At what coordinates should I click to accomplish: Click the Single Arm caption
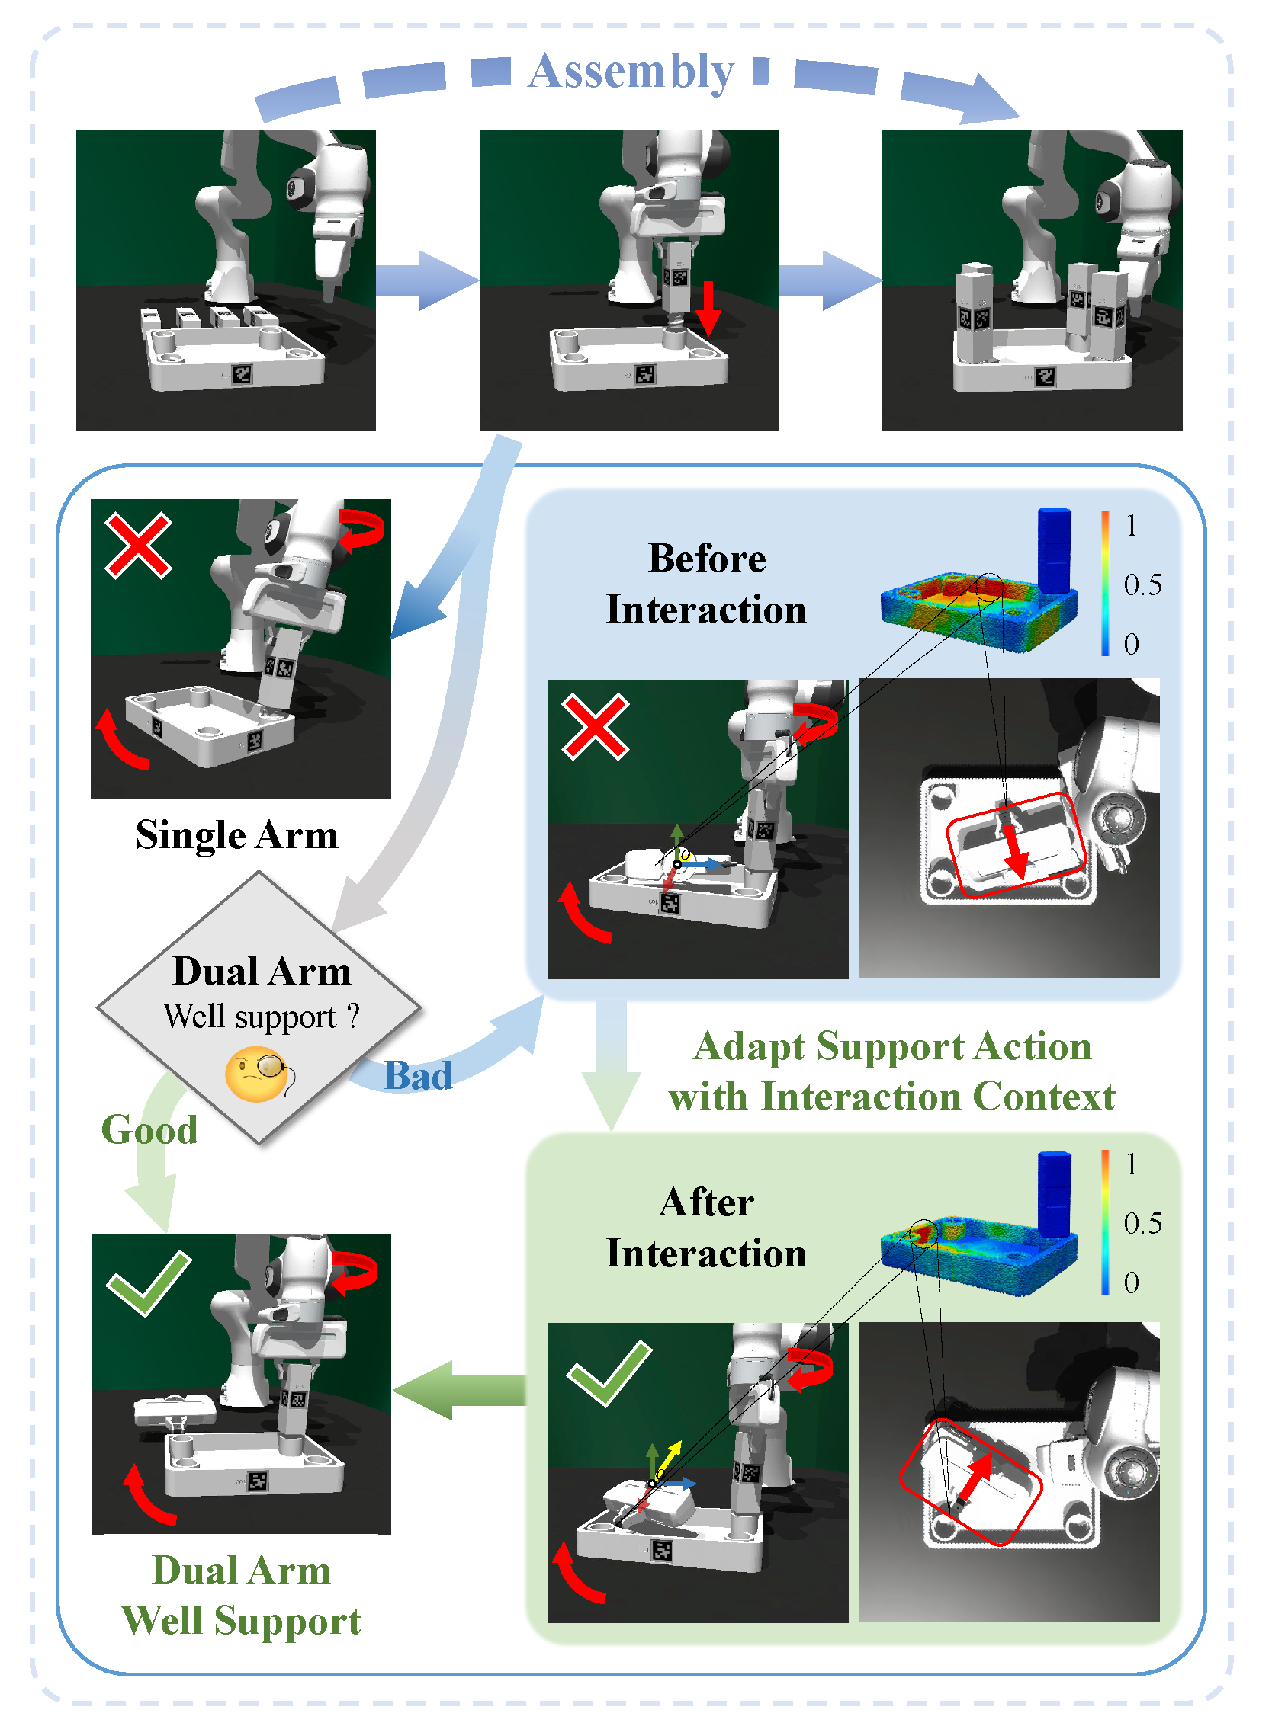click(x=237, y=835)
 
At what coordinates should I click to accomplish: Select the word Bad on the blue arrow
click(x=417, y=1075)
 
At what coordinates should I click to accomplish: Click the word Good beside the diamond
click(x=149, y=1129)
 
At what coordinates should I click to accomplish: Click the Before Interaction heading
click(x=706, y=583)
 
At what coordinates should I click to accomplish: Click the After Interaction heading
click(x=706, y=1228)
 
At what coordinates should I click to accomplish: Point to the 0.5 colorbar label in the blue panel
click(x=1142, y=584)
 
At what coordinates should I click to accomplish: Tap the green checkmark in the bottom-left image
click(x=148, y=1282)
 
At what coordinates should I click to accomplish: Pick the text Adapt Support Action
click(x=891, y=1046)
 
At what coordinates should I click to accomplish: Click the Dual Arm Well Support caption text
click(x=241, y=1595)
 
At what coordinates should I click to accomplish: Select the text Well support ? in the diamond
click(x=261, y=1017)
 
